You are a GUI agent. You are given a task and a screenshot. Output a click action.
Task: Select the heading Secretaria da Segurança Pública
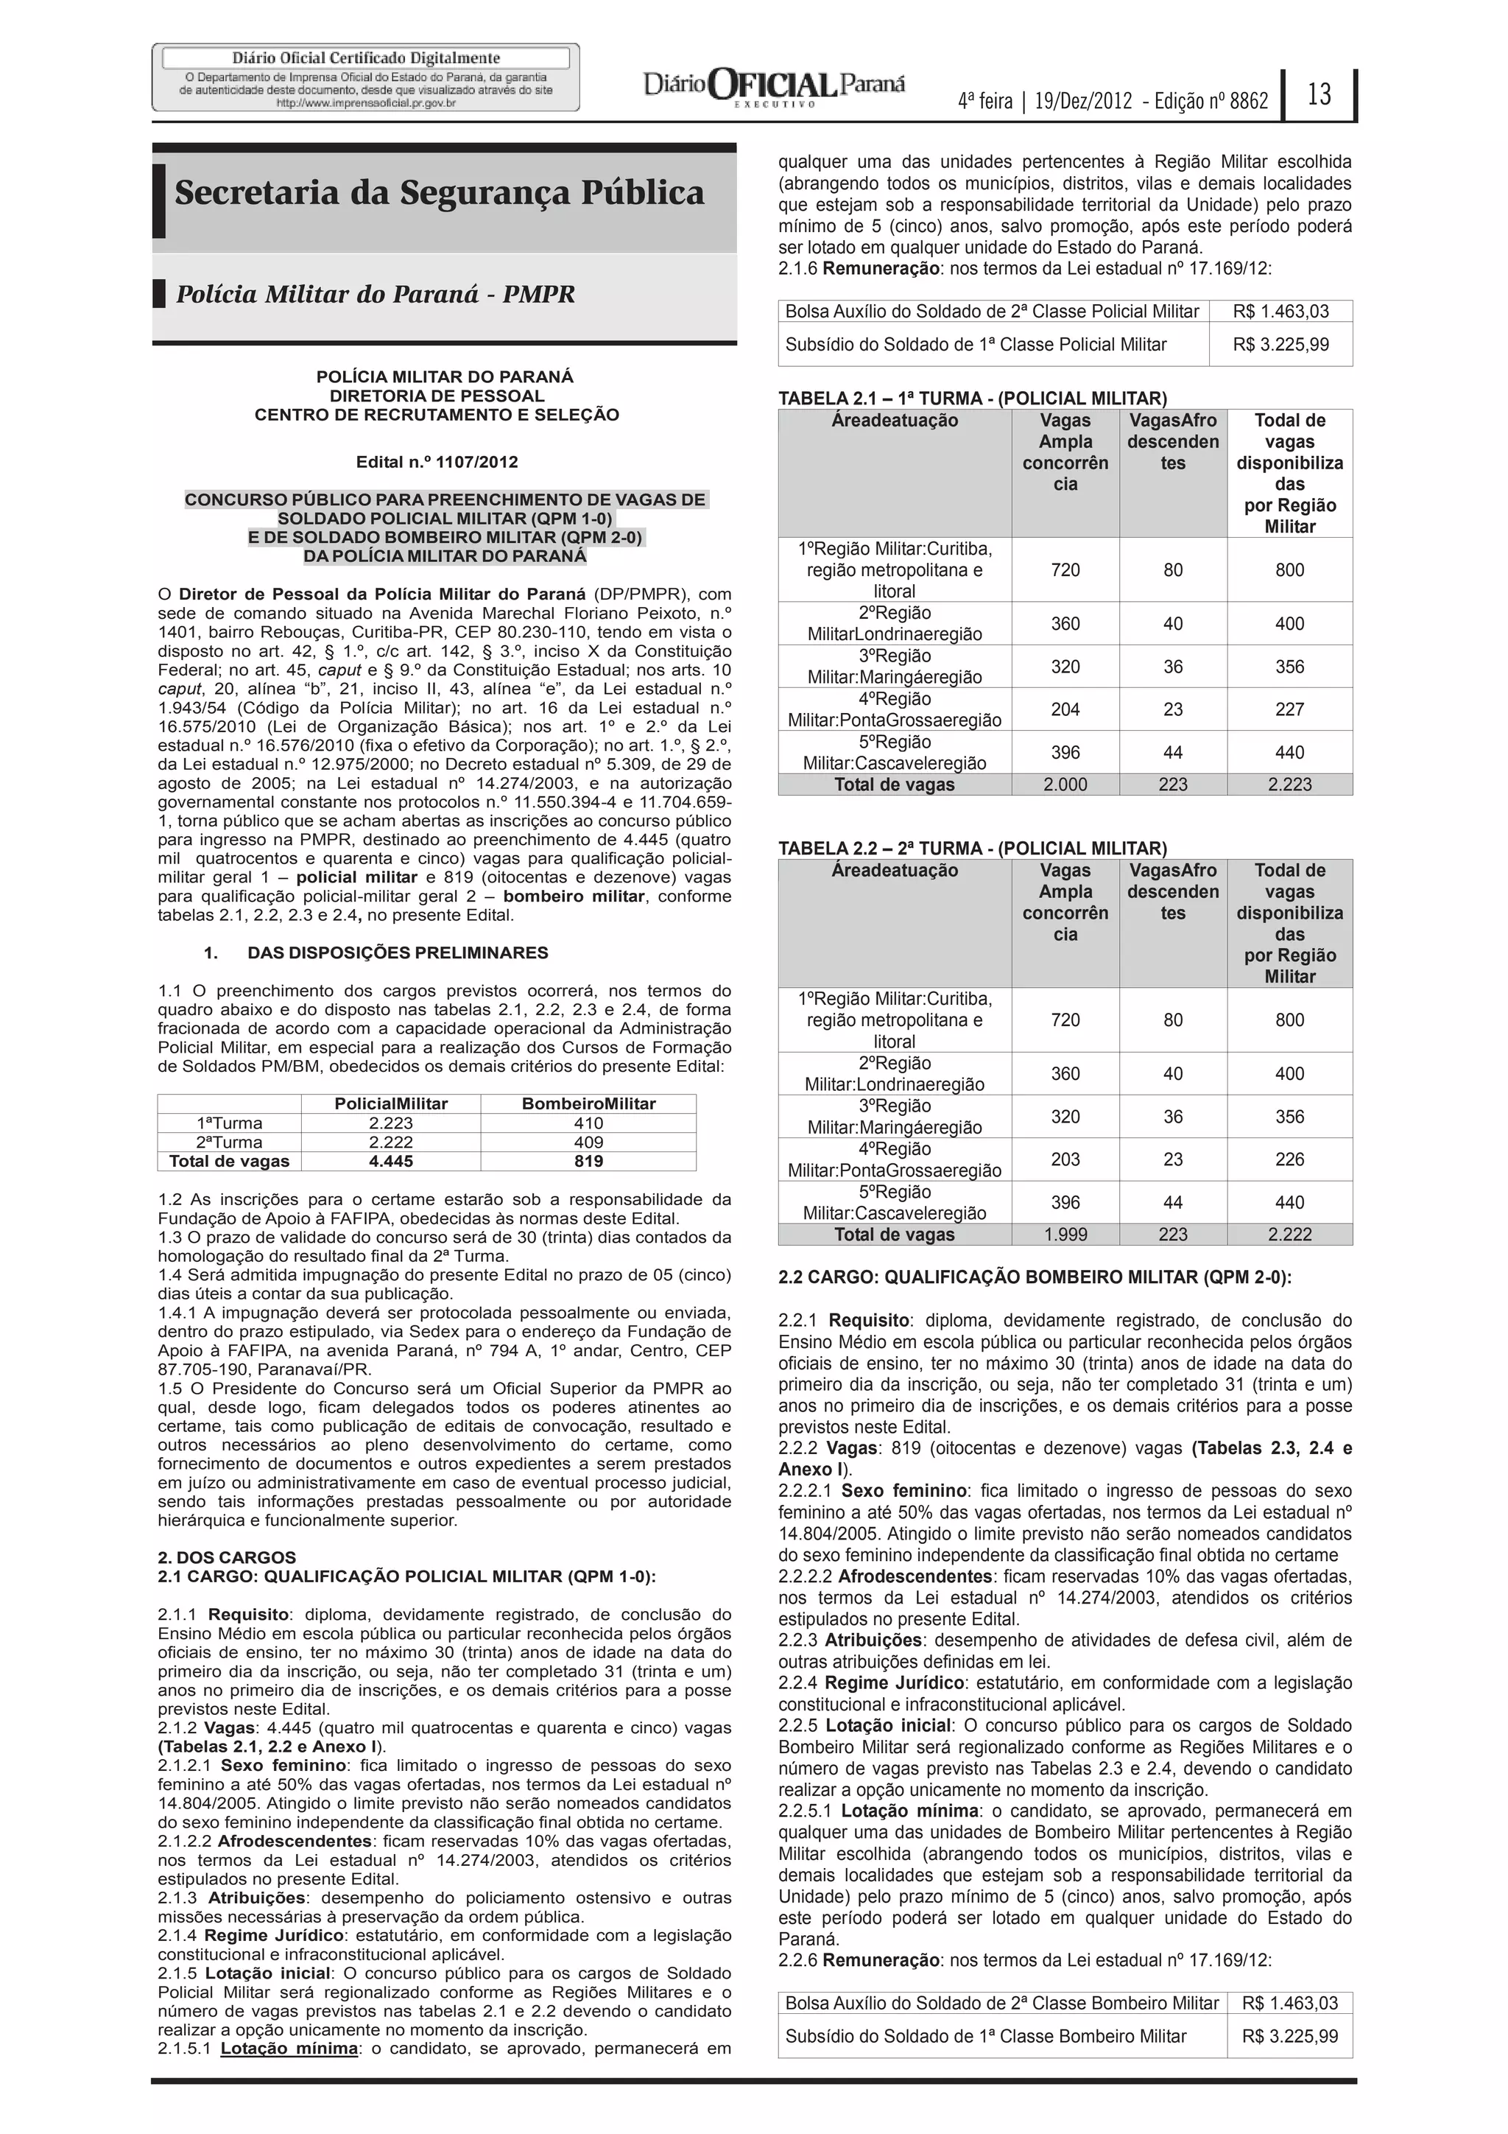coord(440,192)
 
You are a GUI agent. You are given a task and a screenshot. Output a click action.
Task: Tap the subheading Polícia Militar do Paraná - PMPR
coord(376,295)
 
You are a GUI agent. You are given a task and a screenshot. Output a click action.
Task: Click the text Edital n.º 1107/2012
coord(437,462)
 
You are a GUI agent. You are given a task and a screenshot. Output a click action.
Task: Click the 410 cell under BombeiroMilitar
coord(588,1123)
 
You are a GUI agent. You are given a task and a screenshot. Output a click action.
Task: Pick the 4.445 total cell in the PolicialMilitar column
coord(390,1161)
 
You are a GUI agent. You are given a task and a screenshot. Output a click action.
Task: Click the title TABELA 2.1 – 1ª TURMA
coord(972,399)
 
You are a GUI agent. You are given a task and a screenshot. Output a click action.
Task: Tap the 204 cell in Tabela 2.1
coord(1065,709)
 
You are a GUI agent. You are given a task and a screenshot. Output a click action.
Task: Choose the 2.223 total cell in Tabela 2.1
coord(1289,785)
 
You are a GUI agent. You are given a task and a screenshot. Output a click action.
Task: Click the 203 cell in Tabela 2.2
coord(1065,1159)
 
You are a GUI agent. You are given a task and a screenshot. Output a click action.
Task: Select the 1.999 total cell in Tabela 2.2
coord(1065,1235)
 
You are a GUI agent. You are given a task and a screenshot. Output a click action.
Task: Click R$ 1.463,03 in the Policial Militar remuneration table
coord(1280,312)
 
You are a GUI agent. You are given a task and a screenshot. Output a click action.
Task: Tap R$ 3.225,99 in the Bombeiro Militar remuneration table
coord(1289,2037)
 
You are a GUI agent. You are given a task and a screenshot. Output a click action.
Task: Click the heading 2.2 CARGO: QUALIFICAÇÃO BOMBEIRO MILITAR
coord(1034,1277)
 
